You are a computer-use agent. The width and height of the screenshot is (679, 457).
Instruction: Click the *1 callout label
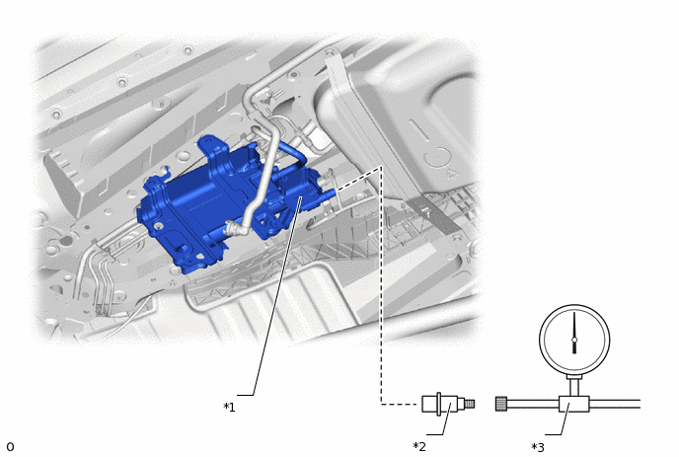(x=230, y=408)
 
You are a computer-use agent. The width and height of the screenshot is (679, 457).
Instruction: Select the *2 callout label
(x=419, y=446)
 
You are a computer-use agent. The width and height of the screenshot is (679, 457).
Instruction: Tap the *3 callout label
(x=538, y=447)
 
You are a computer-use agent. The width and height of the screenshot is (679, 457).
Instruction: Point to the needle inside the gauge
(x=574, y=333)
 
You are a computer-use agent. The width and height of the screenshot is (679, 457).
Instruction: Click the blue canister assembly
(x=225, y=203)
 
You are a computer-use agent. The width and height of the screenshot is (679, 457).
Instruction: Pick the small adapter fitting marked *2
(x=448, y=404)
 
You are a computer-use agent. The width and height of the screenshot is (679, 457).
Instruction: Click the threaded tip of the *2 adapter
(x=470, y=404)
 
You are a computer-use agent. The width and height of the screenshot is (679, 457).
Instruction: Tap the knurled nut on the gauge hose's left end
(x=501, y=404)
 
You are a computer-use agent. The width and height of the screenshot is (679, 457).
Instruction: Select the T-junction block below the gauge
(x=573, y=404)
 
